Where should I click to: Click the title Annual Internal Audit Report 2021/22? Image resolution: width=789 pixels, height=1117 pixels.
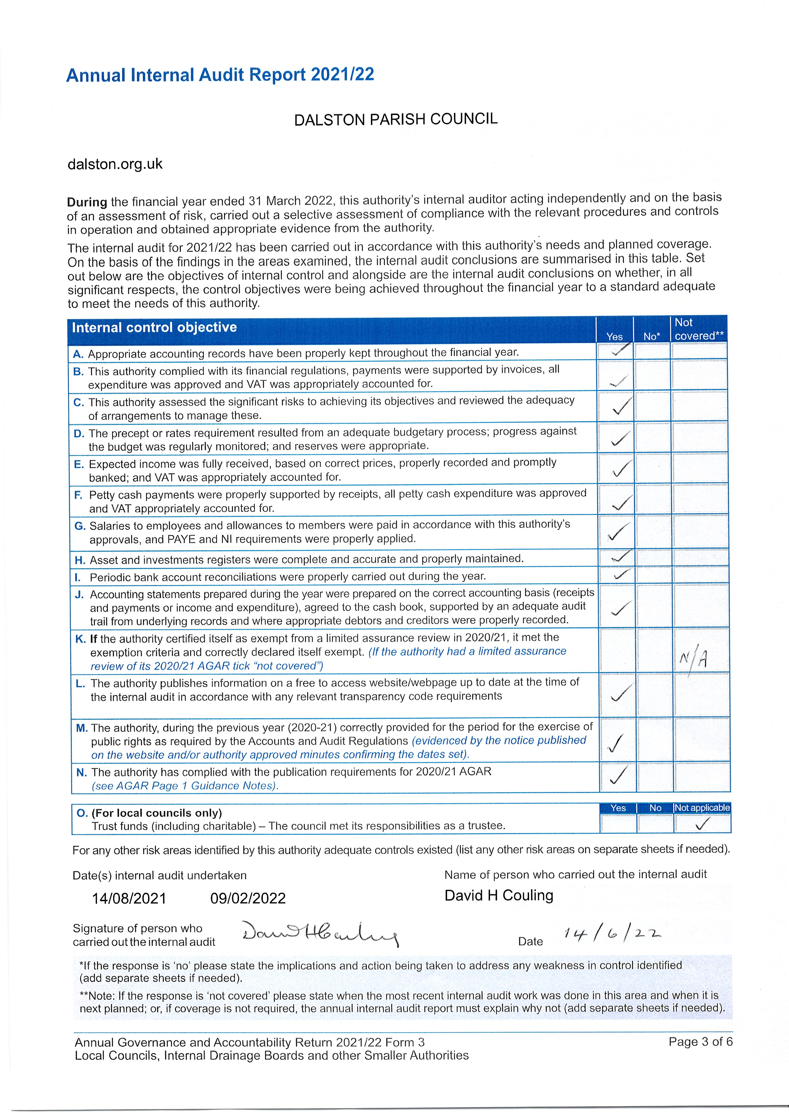[x=220, y=75]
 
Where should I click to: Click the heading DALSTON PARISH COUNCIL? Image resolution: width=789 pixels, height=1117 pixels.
[x=396, y=119]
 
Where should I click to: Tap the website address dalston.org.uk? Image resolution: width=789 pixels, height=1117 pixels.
[x=115, y=164]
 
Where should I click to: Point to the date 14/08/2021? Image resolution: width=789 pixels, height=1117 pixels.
[x=129, y=898]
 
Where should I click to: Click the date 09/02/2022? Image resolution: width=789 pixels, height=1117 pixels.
[x=248, y=898]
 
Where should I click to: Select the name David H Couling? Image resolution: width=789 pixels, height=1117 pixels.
[x=499, y=896]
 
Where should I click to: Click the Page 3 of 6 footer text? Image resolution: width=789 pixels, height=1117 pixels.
[x=700, y=1042]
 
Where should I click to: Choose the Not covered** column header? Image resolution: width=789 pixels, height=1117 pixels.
[x=699, y=329]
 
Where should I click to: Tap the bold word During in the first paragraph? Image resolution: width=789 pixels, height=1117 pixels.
[x=87, y=202]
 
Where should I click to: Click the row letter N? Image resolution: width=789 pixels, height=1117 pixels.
[x=82, y=772]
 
